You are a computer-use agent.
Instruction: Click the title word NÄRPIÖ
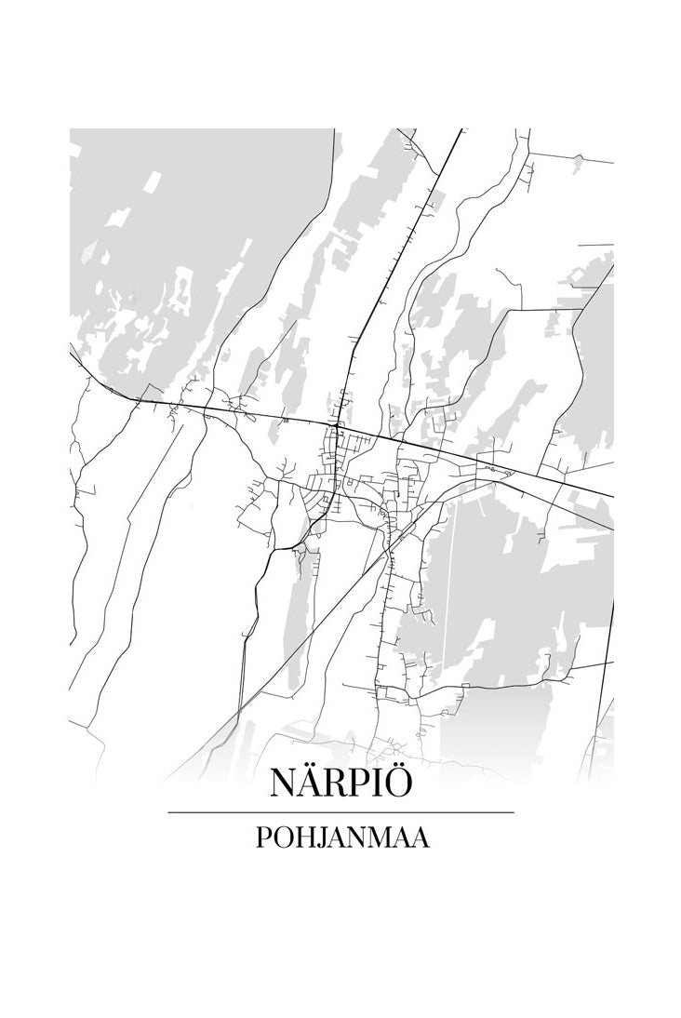(x=340, y=784)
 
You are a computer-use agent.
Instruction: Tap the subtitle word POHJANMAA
(x=340, y=838)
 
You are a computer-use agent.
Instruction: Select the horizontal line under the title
(x=340, y=812)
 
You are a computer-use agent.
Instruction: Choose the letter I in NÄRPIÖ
(x=376, y=784)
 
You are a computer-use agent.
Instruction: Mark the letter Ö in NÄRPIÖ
(x=396, y=784)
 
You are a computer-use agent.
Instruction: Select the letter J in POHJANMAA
(x=323, y=839)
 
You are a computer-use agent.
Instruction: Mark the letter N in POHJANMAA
(x=357, y=838)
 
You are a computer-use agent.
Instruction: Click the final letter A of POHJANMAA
(x=420, y=838)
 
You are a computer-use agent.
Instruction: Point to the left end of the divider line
(x=169, y=812)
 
